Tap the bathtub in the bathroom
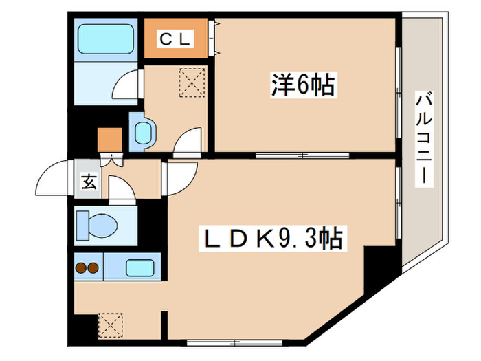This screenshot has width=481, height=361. click(107, 40)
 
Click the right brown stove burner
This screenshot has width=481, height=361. click(92, 269)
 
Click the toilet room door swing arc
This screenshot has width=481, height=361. click(121, 188)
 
